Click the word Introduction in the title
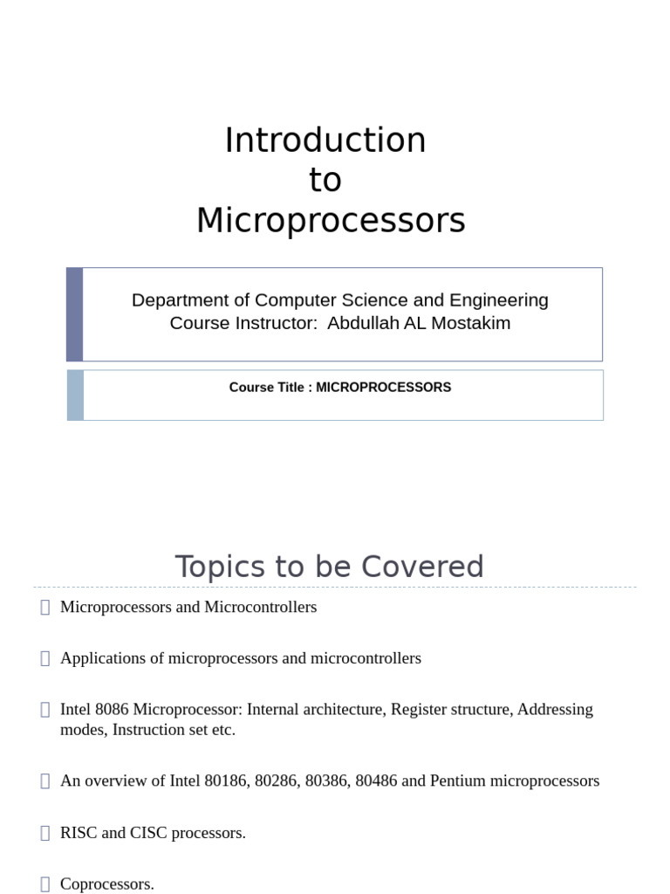(x=325, y=141)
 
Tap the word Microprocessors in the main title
(x=331, y=220)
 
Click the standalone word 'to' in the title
(x=325, y=181)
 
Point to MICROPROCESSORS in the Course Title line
(x=383, y=387)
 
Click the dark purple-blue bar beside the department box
(x=75, y=314)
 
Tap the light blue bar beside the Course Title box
(x=75, y=395)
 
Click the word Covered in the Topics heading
(x=427, y=567)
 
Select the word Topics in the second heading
(x=219, y=567)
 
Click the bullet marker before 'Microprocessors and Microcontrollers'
(x=45, y=607)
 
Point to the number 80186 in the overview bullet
(x=226, y=781)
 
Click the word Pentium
(x=458, y=781)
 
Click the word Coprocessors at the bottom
(x=106, y=884)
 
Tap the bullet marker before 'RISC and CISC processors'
(x=45, y=833)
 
